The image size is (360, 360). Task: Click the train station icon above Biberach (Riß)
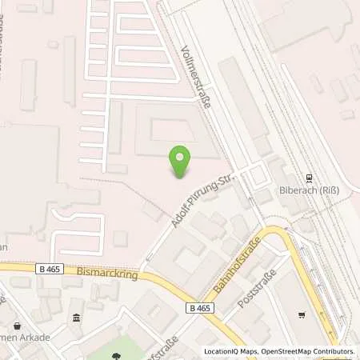[x=309, y=178]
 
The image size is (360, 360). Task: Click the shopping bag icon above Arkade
[x=16, y=326]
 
